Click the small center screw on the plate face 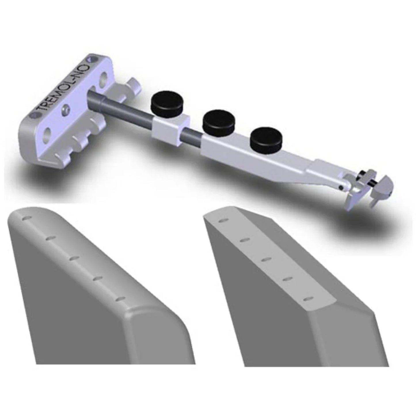pos(66,110)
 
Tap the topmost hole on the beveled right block pos(222,221)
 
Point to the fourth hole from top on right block pos(287,279)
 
